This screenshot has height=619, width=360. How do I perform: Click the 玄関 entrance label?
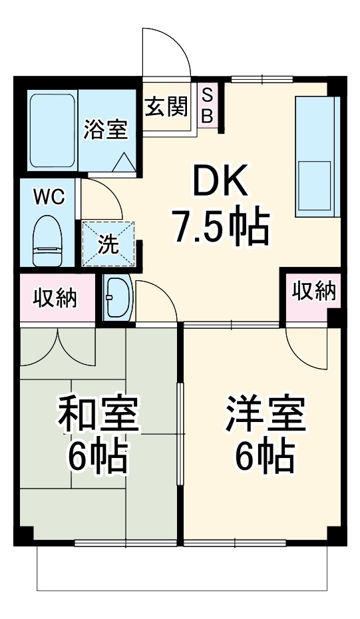coord(166,106)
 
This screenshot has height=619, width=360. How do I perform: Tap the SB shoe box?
coord(207,106)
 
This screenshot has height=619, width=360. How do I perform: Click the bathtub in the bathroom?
coord(53,130)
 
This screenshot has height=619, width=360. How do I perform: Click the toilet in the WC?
coord(47,240)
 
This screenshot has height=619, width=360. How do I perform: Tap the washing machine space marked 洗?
coord(108,244)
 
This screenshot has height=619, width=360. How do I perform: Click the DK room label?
coord(220,181)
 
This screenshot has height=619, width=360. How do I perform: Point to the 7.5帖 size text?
coord(220,227)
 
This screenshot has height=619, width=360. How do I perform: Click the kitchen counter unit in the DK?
coord(317,156)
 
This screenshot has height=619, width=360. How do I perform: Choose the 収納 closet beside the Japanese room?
coord(55,298)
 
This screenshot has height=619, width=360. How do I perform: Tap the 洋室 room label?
coord(265,415)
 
